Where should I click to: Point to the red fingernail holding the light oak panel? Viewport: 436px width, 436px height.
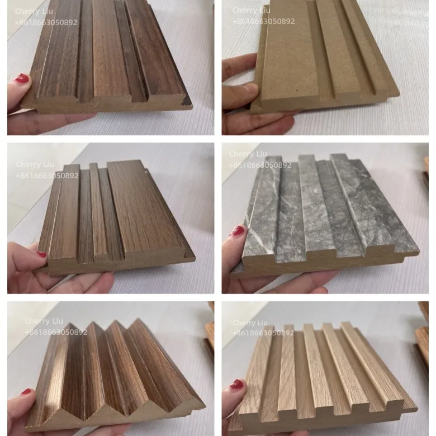(236, 385)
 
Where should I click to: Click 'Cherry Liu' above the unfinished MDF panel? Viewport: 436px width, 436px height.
(251, 10)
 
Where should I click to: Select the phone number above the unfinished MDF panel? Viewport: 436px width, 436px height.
(263, 21)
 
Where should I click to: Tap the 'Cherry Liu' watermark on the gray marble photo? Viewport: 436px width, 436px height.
(248, 154)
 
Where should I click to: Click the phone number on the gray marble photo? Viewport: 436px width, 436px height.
(260, 165)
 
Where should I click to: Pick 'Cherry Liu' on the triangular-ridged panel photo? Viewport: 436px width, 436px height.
(44, 321)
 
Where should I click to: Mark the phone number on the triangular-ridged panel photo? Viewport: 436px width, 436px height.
(56, 332)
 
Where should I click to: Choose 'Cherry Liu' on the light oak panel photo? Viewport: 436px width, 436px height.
(250, 323)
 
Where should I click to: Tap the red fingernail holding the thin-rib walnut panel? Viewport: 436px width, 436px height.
(42, 254)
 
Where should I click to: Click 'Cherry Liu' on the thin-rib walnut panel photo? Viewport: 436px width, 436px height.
(35, 164)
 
